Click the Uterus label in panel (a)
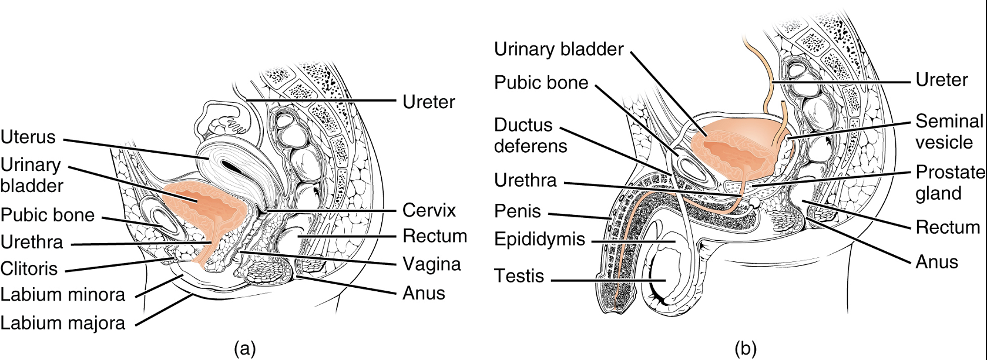coord(28,137)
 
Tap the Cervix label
coord(429,210)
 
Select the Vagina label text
coord(431,264)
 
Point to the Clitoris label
coord(29,269)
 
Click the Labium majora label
coord(62,323)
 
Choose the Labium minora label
coord(62,295)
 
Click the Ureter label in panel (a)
coord(428,102)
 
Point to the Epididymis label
coord(539,240)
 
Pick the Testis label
coord(519,276)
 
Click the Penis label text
coord(517,211)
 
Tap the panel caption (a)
coord(244,348)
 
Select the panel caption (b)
coord(745,348)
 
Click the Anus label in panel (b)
coord(936,262)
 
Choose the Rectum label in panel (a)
coord(434,236)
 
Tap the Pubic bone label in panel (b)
coord(540,83)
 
